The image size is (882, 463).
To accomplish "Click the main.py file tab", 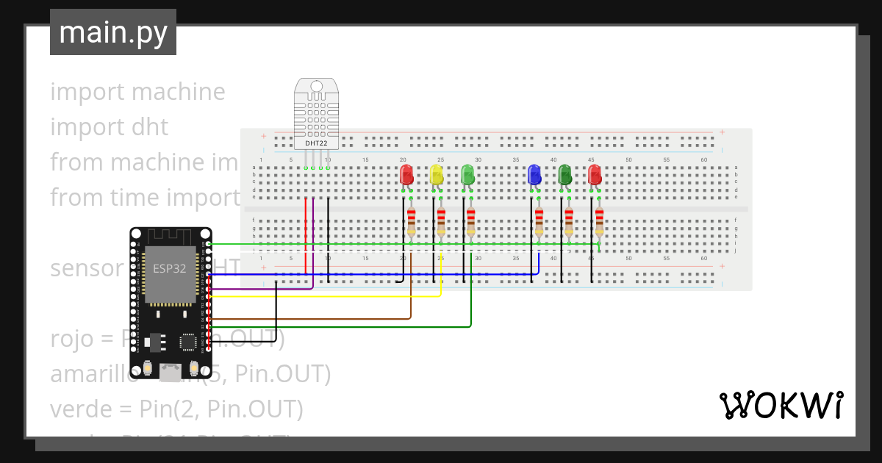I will pos(112,32).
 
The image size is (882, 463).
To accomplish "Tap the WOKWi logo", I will pos(780,406).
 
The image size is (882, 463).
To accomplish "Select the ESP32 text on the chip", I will pos(169,268).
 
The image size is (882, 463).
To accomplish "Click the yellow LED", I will pos(437,175).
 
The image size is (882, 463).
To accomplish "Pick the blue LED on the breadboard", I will pos(534,175).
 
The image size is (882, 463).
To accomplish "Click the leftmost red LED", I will pos(406,175).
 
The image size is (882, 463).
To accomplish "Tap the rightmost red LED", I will pos(595,175).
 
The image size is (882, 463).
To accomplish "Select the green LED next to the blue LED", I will pos(564,175).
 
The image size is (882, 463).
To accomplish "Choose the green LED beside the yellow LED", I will pos(467,175).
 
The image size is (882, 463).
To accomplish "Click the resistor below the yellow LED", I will pos(441,220).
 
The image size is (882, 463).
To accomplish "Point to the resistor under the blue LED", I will pos(539,220).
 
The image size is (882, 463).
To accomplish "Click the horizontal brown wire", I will pos(309,319).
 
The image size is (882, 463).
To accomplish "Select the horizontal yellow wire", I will pos(323,296).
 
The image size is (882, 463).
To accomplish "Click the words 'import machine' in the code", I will pos(137,92).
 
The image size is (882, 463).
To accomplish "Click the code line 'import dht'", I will pos(109,127).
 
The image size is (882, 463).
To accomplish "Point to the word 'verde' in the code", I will pos(77,409).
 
